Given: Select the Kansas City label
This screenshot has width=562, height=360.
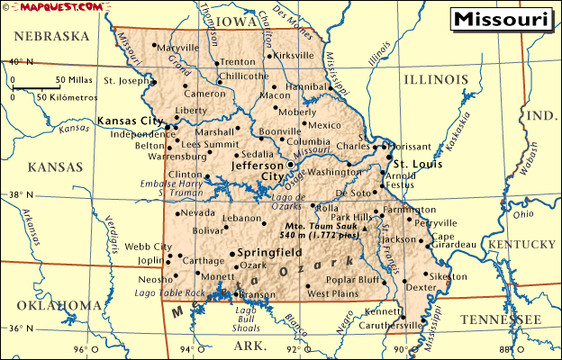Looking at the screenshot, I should click(130, 121).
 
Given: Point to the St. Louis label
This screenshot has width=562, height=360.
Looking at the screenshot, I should click(417, 164).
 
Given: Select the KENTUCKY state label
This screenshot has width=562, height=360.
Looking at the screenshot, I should click(522, 245).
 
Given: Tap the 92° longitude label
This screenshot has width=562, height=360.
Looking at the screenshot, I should click(294, 350).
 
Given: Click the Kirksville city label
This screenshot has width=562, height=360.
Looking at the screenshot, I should click(294, 55).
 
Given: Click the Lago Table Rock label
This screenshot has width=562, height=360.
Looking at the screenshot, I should click(169, 293).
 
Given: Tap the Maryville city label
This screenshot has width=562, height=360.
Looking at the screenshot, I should click(178, 48).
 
